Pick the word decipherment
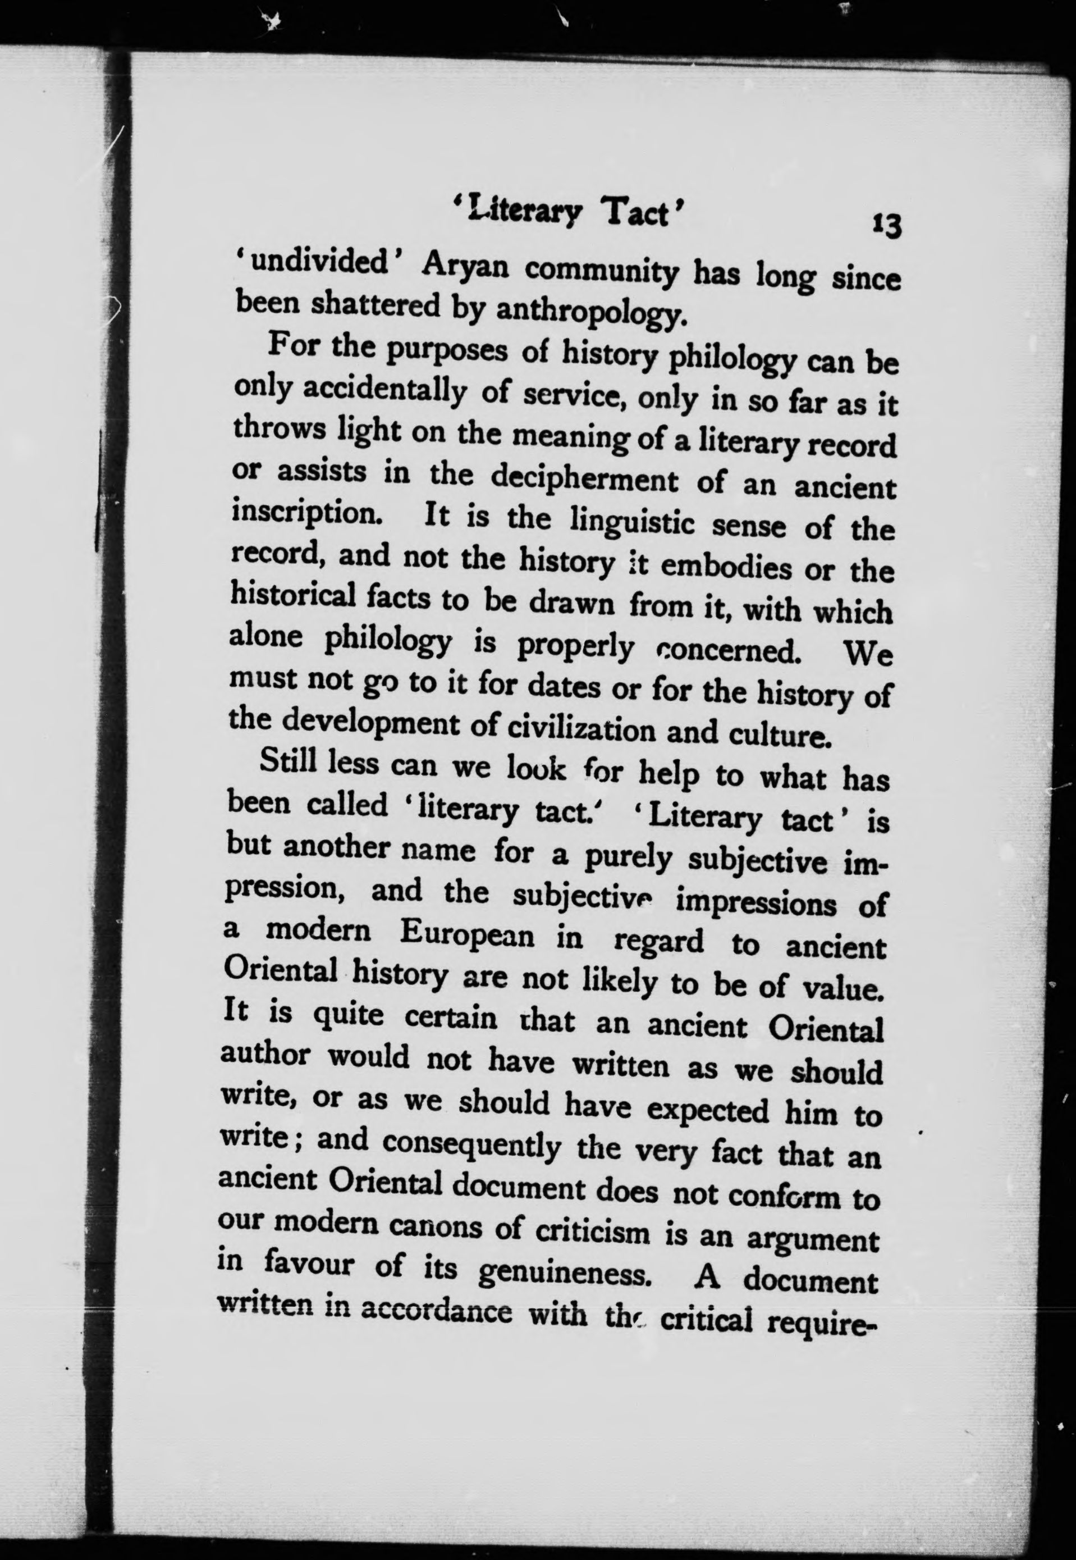click(x=585, y=479)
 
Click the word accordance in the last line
click(x=436, y=1311)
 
